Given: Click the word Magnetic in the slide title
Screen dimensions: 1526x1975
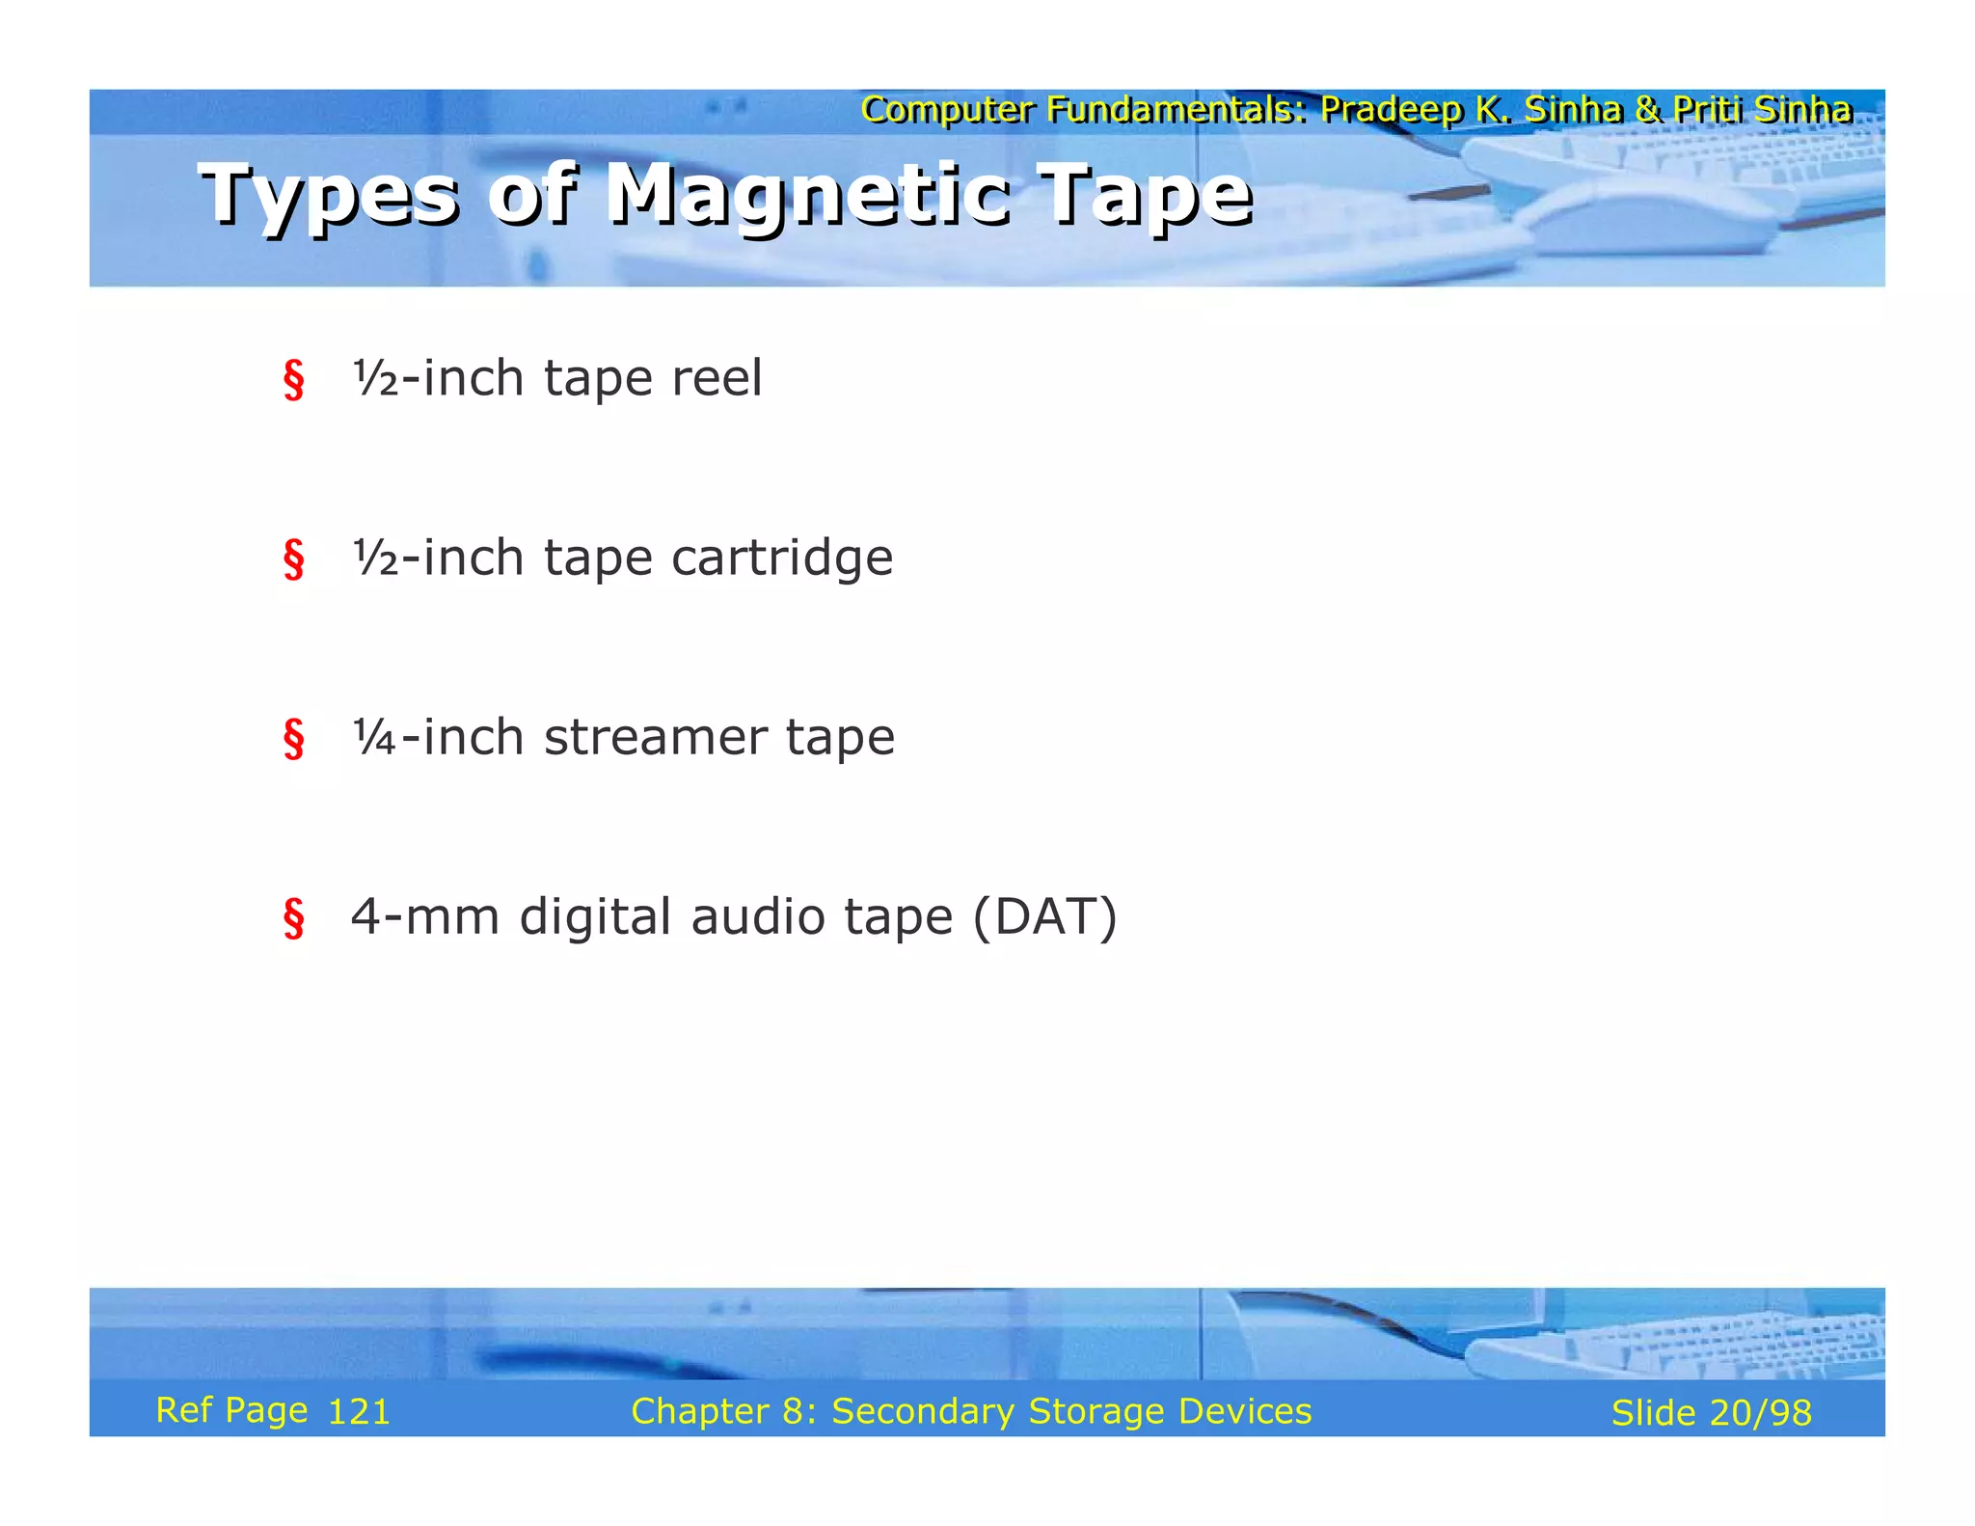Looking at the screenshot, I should (808, 196).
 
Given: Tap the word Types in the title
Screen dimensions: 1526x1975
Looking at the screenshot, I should (328, 196).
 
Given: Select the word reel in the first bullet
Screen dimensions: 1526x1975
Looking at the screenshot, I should (716, 377).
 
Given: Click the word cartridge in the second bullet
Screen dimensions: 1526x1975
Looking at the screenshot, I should (782, 558).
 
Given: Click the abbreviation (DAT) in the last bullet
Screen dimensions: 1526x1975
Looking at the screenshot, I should (1044, 916).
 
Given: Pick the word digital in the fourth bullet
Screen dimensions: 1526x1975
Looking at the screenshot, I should (594, 918).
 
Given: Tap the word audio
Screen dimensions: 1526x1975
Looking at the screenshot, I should (758, 916).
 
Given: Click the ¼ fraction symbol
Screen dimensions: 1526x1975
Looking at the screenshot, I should (374, 737).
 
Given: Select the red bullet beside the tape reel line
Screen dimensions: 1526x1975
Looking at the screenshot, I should (293, 379).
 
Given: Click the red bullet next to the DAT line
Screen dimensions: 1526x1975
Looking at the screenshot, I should (293, 918).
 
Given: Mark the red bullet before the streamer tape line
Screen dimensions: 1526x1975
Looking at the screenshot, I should (293, 739).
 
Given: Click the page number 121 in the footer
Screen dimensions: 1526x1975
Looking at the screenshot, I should (359, 1412).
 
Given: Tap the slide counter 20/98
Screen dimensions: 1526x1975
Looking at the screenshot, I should (1760, 1413).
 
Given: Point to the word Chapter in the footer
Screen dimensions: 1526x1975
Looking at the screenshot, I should (700, 1411).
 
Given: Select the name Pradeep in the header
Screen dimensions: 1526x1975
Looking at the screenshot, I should (1390, 110).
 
